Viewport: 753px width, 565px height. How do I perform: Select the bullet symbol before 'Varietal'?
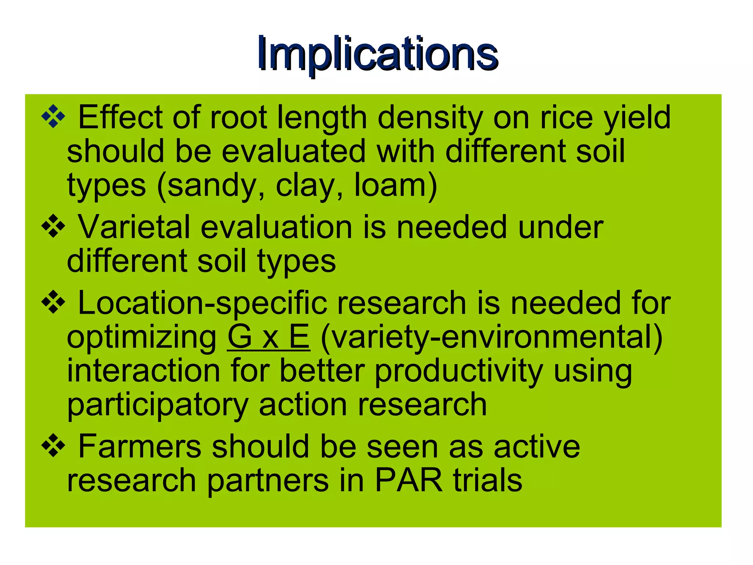pyautogui.click(x=53, y=226)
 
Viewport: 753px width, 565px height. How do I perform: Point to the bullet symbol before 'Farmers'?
pyautogui.click(x=53, y=445)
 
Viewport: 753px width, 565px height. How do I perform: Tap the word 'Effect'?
pyautogui.click(x=121, y=118)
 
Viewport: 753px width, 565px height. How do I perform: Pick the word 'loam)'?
pyautogui.click(x=396, y=186)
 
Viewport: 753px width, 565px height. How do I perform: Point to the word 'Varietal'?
pyautogui.click(x=134, y=227)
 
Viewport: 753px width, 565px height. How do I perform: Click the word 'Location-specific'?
pyautogui.click(x=203, y=304)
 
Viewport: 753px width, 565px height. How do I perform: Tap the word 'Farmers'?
pyautogui.click(x=140, y=446)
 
